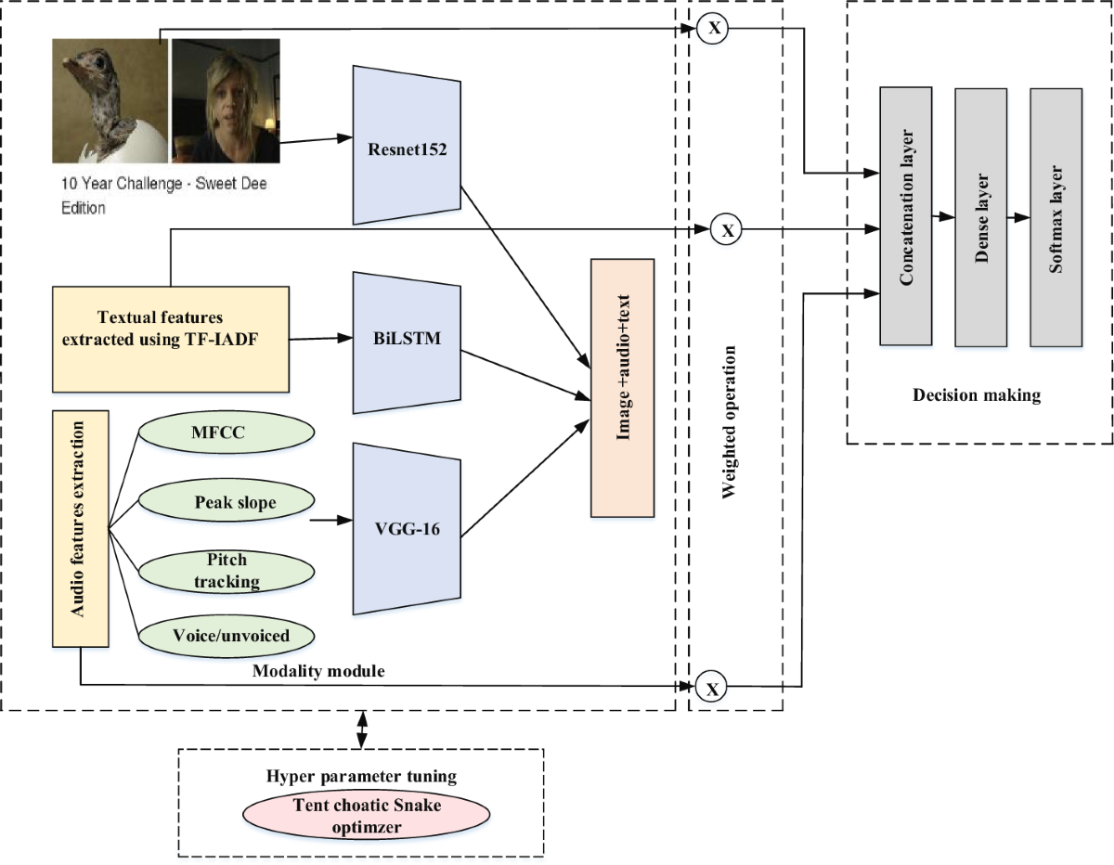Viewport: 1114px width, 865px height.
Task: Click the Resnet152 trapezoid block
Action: point(407,145)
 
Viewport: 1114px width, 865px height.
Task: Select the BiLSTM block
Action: point(407,342)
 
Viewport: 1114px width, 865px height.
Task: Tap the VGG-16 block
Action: point(407,528)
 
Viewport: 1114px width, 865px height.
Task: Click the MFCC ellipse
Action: point(227,432)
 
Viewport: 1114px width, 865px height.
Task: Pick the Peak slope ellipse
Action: point(227,500)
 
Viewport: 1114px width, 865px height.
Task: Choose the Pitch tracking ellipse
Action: point(227,571)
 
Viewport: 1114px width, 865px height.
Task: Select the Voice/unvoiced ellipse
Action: point(227,636)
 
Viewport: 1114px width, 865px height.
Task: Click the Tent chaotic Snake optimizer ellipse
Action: point(366,815)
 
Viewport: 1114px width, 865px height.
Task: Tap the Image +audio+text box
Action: point(622,388)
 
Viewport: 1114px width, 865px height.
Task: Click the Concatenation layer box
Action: point(906,215)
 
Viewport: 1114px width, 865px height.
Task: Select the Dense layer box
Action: point(980,217)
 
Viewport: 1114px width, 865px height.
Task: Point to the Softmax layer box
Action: point(1056,217)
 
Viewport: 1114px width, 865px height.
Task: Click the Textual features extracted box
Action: point(171,340)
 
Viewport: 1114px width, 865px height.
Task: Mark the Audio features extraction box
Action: point(81,528)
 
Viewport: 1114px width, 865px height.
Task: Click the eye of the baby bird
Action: point(99,63)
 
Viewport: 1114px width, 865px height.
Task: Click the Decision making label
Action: point(977,395)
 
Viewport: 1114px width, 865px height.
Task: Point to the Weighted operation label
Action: point(729,421)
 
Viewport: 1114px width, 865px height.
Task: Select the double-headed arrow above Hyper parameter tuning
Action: point(362,729)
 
